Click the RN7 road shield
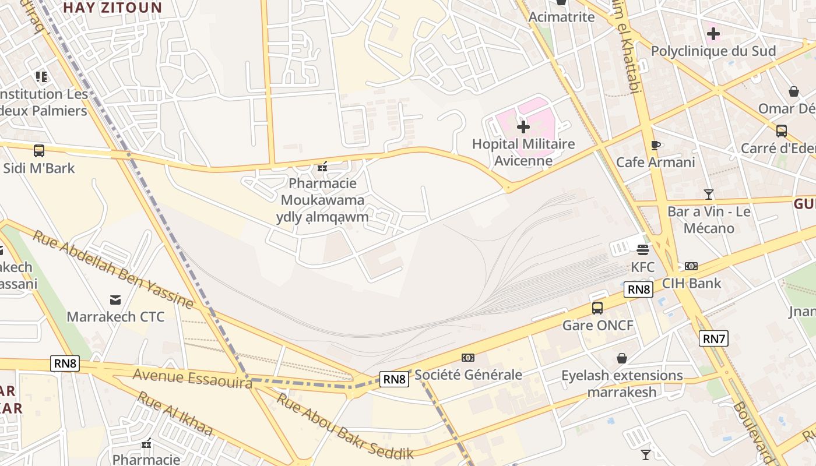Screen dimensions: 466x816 (713, 338)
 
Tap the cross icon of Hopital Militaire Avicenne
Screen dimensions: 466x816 (523, 126)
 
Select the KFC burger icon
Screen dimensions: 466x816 (643, 250)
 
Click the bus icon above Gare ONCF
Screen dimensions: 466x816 (597, 308)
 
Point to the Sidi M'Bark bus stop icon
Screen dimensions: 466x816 (39, 151)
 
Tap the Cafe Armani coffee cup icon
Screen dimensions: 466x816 (655, 145)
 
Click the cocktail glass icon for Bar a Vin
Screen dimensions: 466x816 (709, 195)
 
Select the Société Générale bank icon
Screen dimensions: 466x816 (468, 357)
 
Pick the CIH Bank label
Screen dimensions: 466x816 (691, 284)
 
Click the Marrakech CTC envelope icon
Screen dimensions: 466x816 (115, 300)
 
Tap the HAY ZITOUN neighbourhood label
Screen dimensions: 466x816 (112, 8)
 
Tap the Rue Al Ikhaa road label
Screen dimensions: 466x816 (174, 414)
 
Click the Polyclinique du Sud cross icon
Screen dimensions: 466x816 (713, 34)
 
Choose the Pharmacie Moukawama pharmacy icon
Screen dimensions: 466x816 (322, 167)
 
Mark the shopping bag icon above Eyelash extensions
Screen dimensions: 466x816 (622, 358)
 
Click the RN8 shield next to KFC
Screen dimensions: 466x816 (638, 290)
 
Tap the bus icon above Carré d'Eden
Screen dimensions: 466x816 (781, 131)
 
